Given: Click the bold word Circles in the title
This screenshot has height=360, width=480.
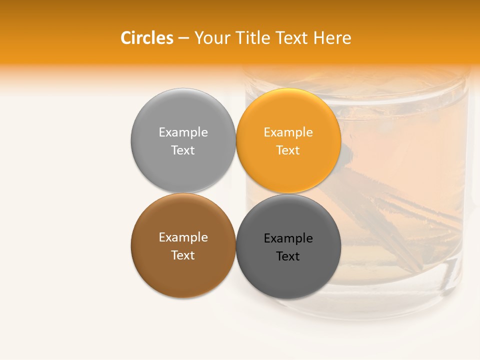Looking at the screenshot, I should click(x=147, y=38).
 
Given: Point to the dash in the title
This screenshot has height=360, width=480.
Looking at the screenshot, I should click(x=183, y=38).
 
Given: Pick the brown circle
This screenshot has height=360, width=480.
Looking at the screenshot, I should click(x=183, y=272).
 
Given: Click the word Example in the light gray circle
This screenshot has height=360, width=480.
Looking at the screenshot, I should click(x=183, y=132).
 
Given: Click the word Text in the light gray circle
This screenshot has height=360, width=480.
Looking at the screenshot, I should click(x=183, y=150).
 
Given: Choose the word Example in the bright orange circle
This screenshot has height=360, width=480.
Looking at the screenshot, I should click(x=288, y=132).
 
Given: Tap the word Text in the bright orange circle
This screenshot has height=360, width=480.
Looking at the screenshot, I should click(x=288, y=150).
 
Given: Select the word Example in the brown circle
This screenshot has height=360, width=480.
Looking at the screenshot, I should click(x=183, y=237).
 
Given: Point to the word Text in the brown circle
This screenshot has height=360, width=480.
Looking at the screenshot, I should click(x=183, y=255).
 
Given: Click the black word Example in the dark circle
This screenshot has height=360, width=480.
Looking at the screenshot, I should click(x=288, y=238).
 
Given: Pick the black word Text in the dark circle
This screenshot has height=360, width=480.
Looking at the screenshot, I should click(x=288, y=256).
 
